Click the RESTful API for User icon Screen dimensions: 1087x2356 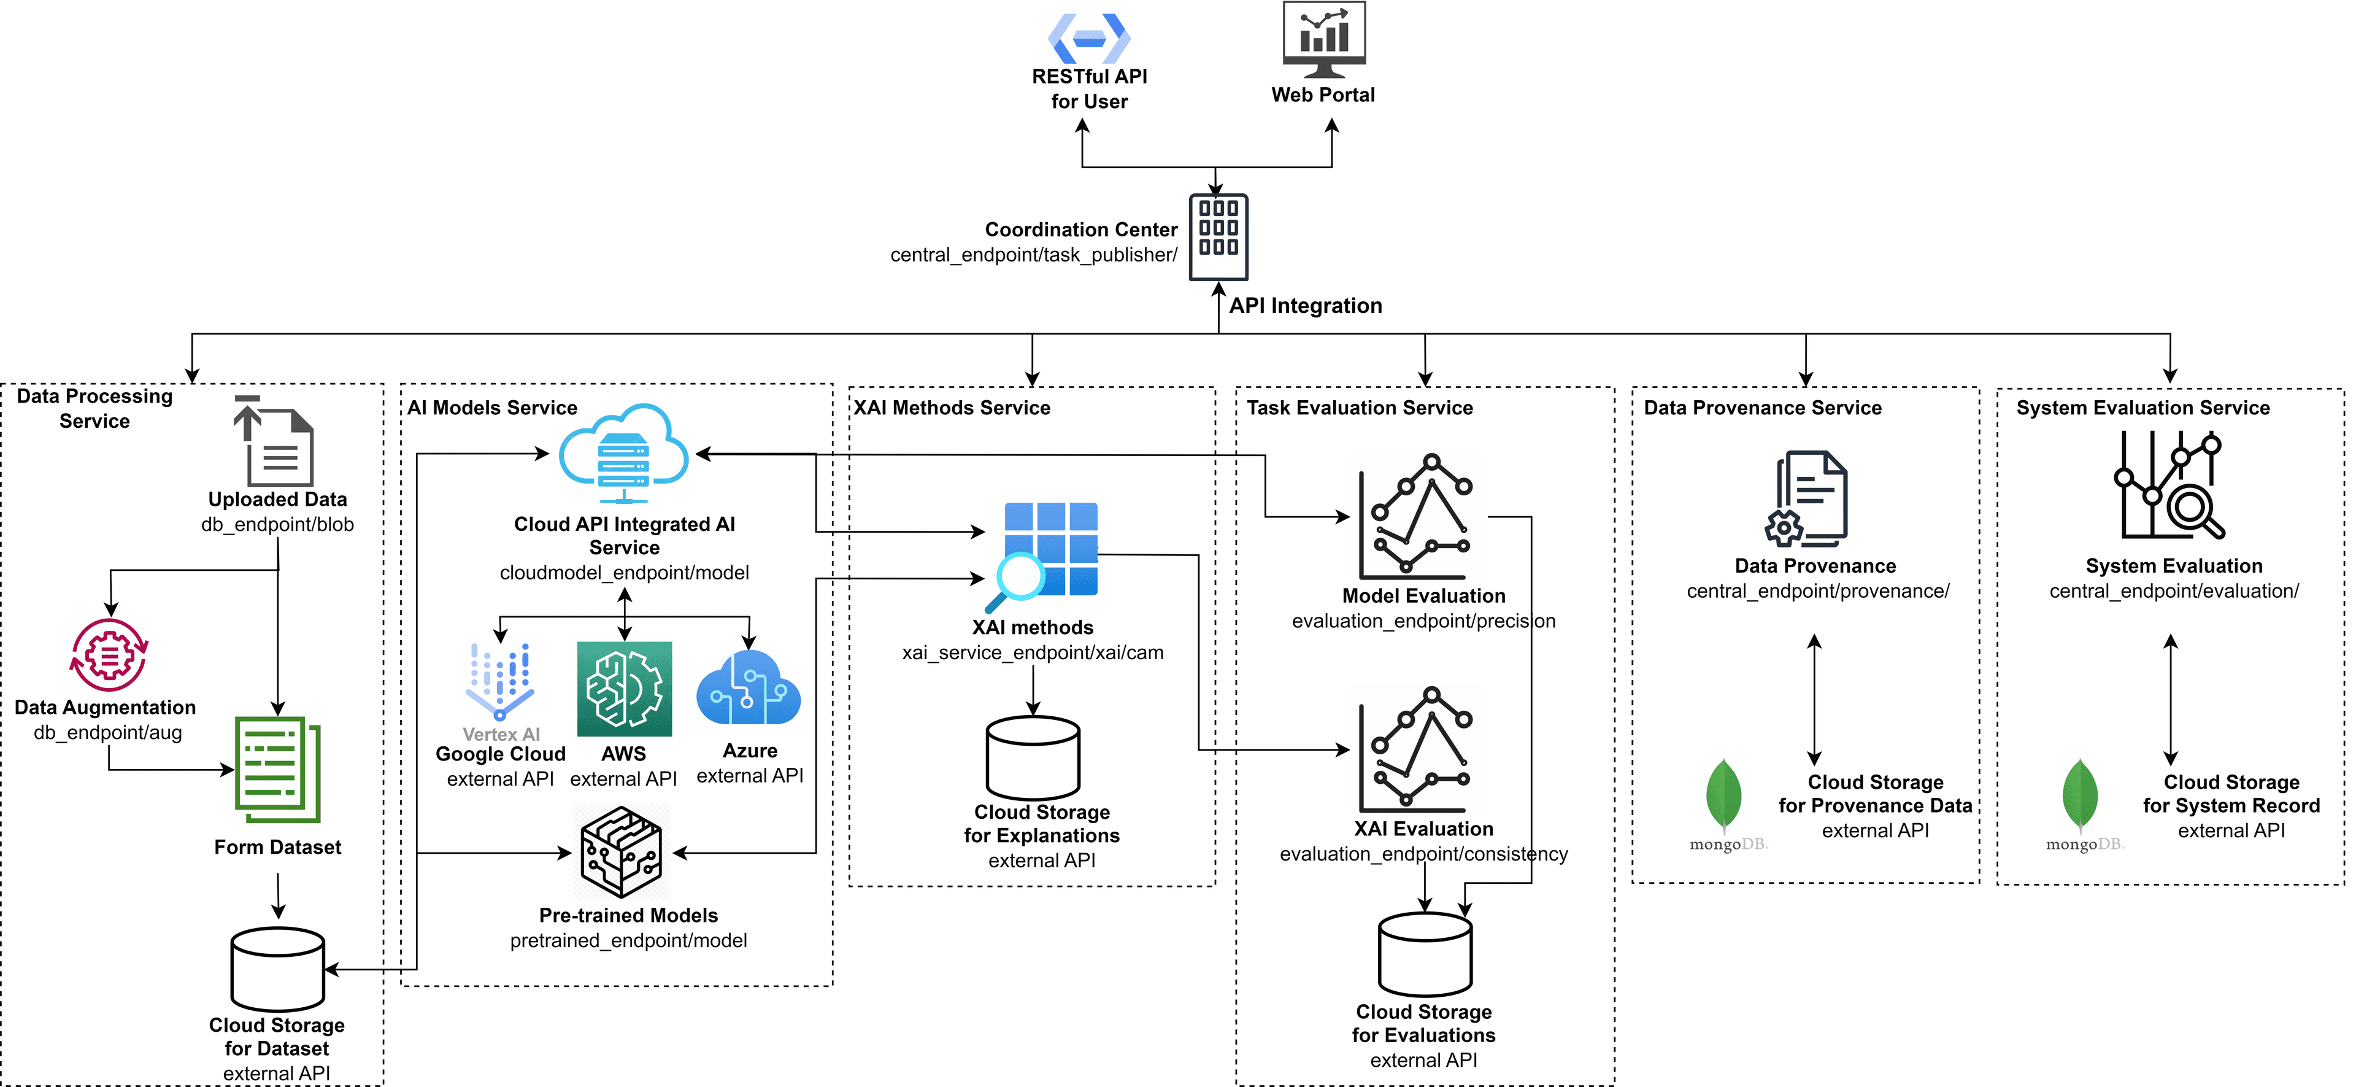tap(1088, 39)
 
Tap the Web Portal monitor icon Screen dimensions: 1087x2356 tap(1323, 39)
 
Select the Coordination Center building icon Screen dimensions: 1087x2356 tap(1218, 236)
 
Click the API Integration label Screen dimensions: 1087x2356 tap(1305, 306)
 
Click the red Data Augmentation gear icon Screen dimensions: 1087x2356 tap(109, 655)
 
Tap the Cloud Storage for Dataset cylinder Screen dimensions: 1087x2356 tap(277, 969)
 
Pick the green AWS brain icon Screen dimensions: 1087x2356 tap(624, 689)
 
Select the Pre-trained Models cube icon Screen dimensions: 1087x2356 tap(622, 851)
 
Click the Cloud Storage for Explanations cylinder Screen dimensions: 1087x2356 tap(1033, 757)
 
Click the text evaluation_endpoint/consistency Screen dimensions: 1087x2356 tap(1423, 854)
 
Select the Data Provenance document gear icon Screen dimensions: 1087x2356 tap(1807, 498)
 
